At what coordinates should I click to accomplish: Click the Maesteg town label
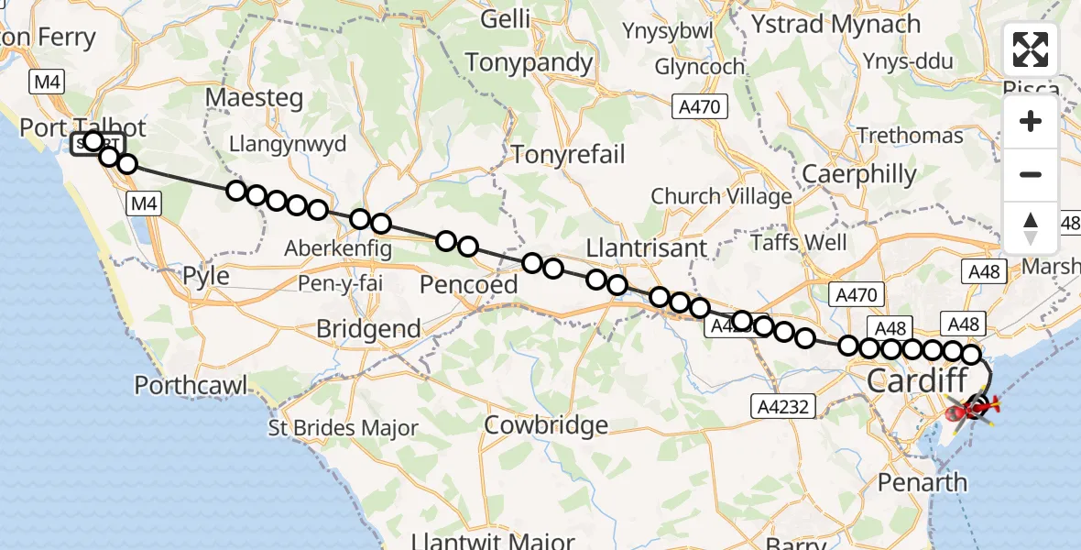point(255,96)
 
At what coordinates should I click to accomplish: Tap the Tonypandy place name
point(530,62)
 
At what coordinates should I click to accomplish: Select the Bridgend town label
point(368,329)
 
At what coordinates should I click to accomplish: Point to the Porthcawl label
point(191,385)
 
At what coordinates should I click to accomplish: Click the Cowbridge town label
point(546,425)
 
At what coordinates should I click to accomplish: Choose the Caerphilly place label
point(858,174)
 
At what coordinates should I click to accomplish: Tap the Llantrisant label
point(647,248)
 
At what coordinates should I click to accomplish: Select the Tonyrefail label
point(568,154)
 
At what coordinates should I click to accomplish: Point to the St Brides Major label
point(344,428)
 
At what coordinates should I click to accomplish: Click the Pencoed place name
point(469,285)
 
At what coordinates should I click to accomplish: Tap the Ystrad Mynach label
point(835,25)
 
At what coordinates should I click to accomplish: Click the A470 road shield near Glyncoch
point(698,107)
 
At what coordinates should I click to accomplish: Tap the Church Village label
point(721,196)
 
